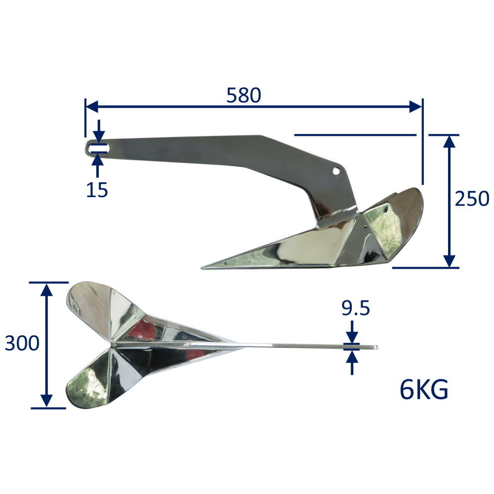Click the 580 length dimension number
pyautogui.click(x=244, y=95)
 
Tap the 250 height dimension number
pyautogui.click(x=472, y=199)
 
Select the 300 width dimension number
pyautogui.click(x=22, y=343)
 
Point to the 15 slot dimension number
pyautogui.click(x=97, y=190)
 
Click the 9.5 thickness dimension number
pyautogui.click(x=356, y=308)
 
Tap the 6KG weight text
pyautogui.click(x=424, y=390)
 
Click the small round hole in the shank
pyautogui.click(x=336, y=171)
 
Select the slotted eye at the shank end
pyautogui.click(x=97, y=148)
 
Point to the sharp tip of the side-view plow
pyautogui.click(x=202, y=268)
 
